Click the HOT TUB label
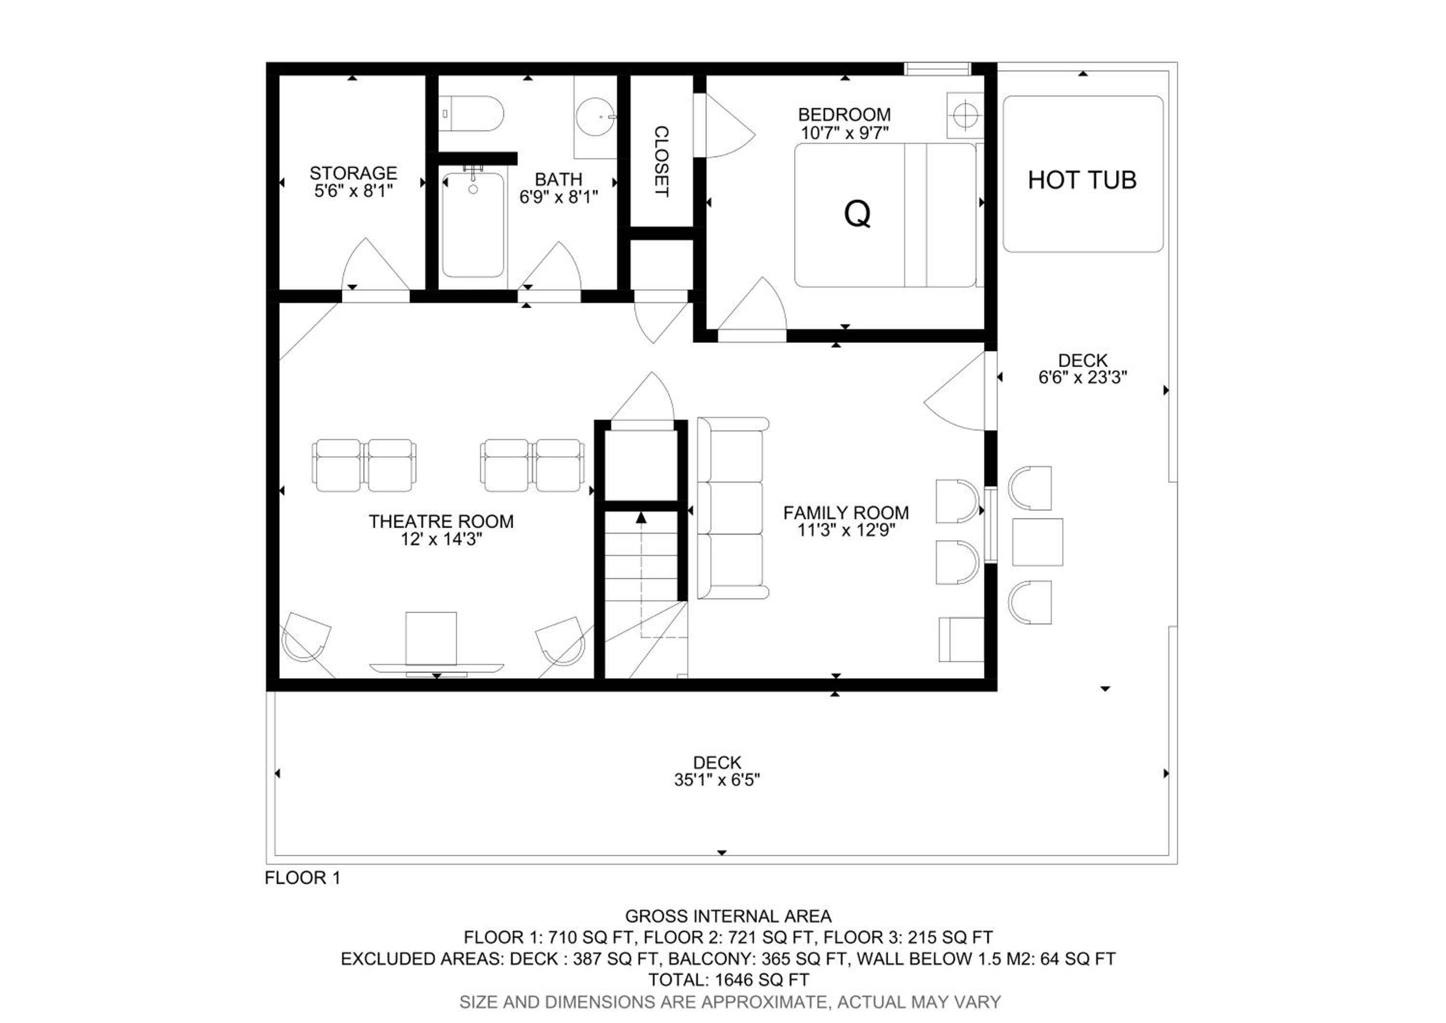click(x=1082, y=180)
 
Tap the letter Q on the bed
click(x=857, y=214)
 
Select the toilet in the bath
click(x=471, y=113)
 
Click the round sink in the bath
click(x=595, y=117)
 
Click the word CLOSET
click(x=661, y=161)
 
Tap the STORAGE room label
click(x=353, y=173)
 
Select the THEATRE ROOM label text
click(x=441, y=521)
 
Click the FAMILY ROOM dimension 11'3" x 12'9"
click(x=846, y=530)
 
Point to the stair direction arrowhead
click(x=641, y=517)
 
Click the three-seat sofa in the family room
click(x=733, y=508)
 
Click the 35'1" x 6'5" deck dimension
click(x=717, y=780)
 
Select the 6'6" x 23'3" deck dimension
click(x=1083, y=377)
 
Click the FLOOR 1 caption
click(x=302, y=877)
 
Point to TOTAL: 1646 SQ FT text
click(x=729, y=980)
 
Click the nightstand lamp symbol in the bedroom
click(x=965, y=115)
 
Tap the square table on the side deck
click(x=1037, y=542)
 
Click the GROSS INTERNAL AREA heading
click(x=728, y=916)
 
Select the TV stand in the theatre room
click(x=436, y=667)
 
